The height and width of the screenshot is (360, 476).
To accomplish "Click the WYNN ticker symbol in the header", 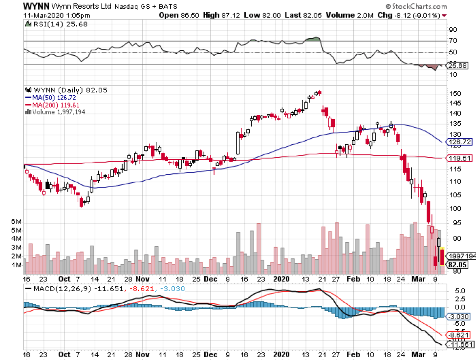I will click(35, 6).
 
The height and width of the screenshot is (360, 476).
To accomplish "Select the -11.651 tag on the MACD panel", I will click(460, 345).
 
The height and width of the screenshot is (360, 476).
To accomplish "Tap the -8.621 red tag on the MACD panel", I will click(460, 335).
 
